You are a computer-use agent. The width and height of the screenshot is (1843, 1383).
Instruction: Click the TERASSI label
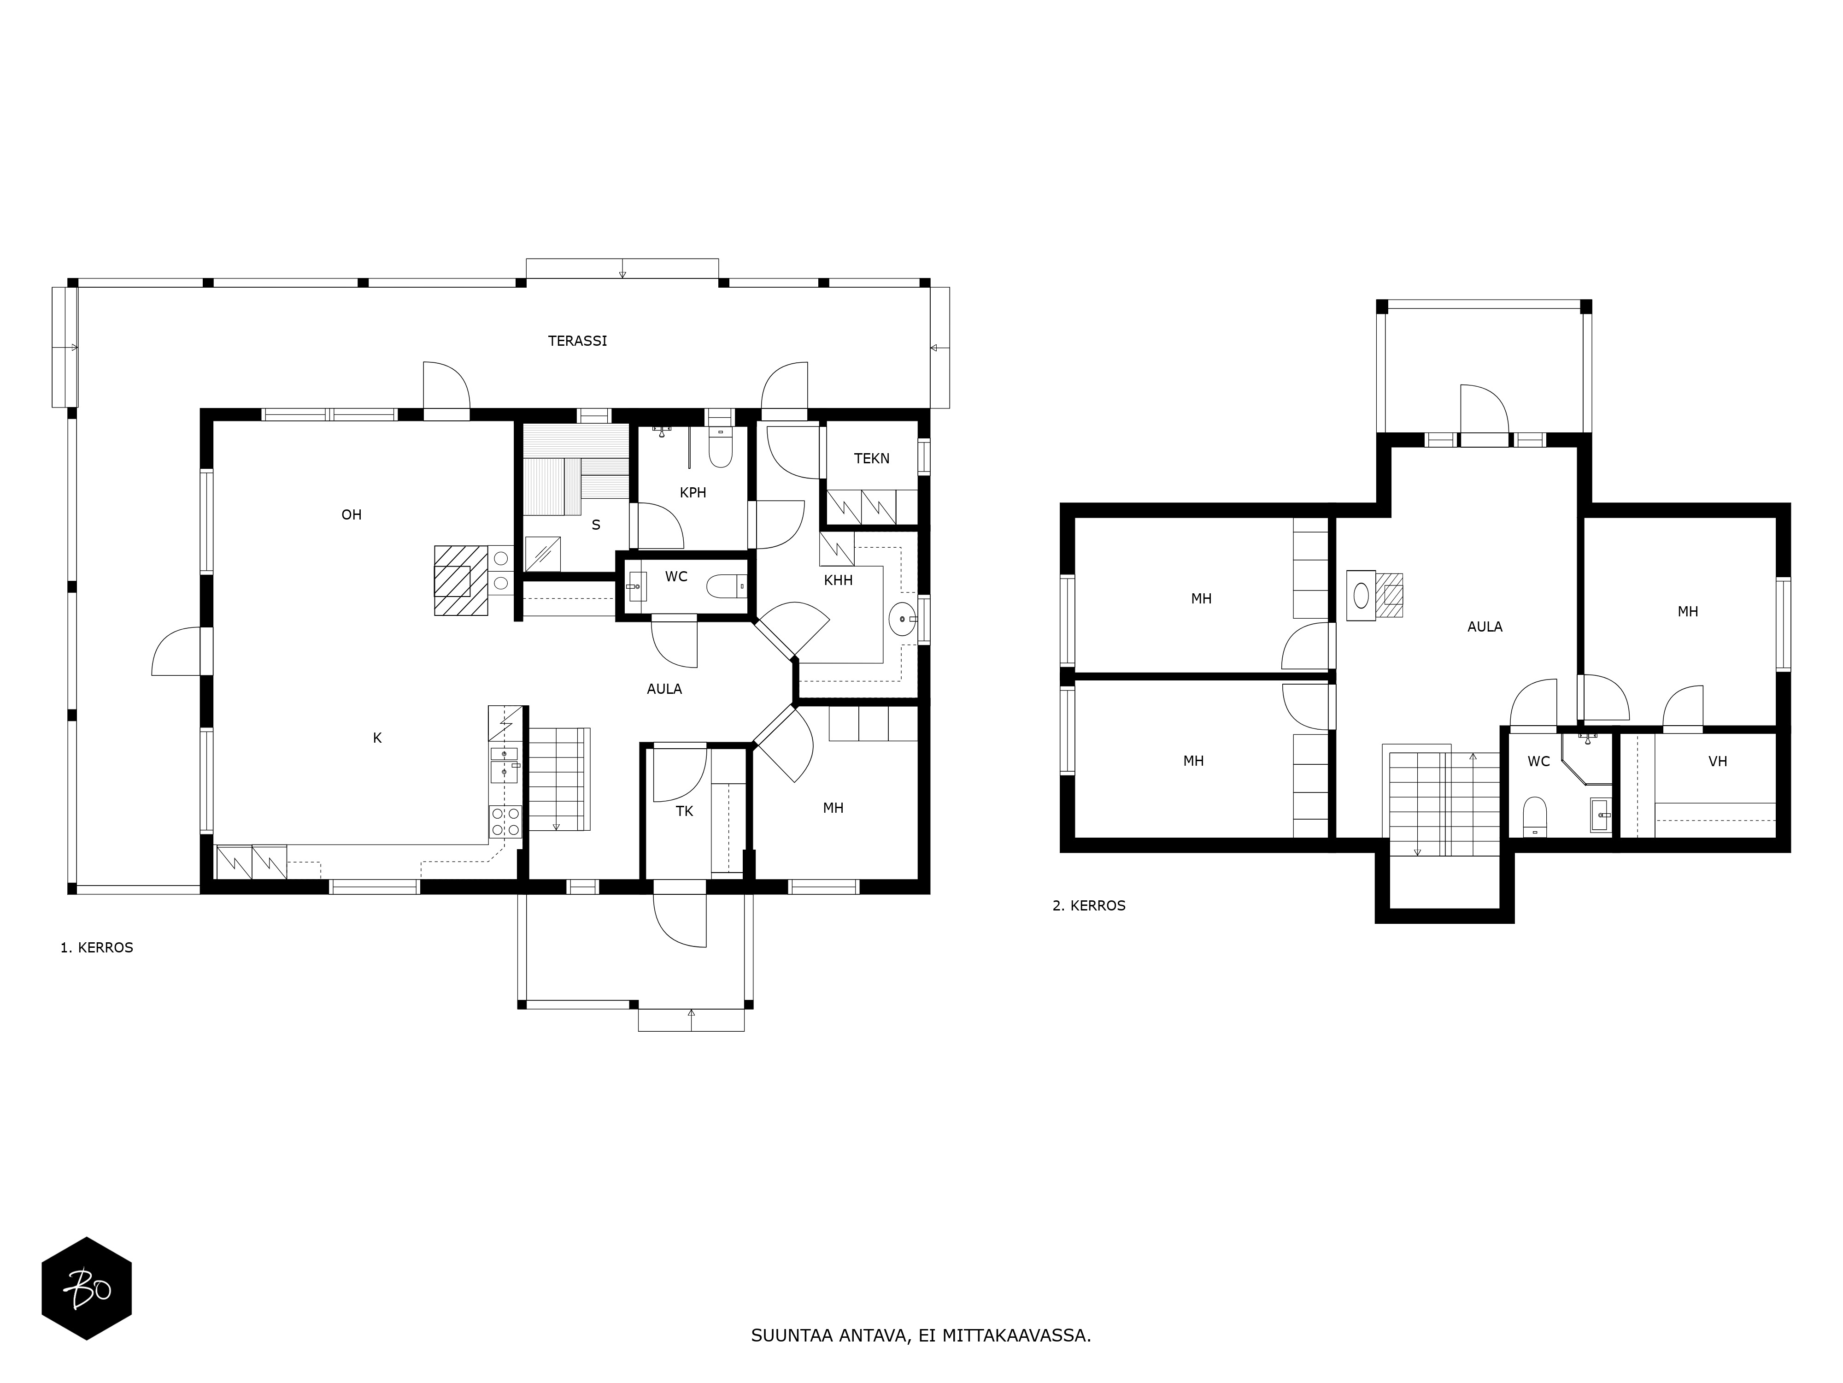tap(577, 341)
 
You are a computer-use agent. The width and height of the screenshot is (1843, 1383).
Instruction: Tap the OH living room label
tap(352, 515)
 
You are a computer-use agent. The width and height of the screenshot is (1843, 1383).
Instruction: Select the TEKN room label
tap(872, 459)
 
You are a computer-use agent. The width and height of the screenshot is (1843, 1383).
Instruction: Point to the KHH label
tap(838, 580)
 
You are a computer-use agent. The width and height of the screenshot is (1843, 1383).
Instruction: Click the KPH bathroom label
tap(693, 493)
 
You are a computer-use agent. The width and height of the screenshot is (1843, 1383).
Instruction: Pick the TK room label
tap(684, 811)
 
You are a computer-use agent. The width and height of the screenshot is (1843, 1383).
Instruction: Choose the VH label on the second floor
tap(1717, 761)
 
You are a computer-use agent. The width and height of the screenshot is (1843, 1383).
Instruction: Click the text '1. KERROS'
tap(97, 948)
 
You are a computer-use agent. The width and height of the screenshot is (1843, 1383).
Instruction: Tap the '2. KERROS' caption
tap(1089, 905)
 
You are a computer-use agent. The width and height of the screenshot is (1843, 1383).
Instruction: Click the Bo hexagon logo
tap(87, 1289)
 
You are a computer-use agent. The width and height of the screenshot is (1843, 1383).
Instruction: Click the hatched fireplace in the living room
tap(461, 580)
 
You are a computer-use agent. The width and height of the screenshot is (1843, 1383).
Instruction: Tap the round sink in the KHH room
tap(902, 620)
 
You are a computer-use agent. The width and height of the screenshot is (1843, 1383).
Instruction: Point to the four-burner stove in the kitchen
tap(505, 821)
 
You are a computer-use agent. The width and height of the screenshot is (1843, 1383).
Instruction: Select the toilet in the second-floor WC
tap(1535, 816)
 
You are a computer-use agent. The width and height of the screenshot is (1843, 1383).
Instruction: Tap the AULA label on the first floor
tap(664, 689)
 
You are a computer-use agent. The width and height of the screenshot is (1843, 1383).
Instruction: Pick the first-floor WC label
tap(676, 577)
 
